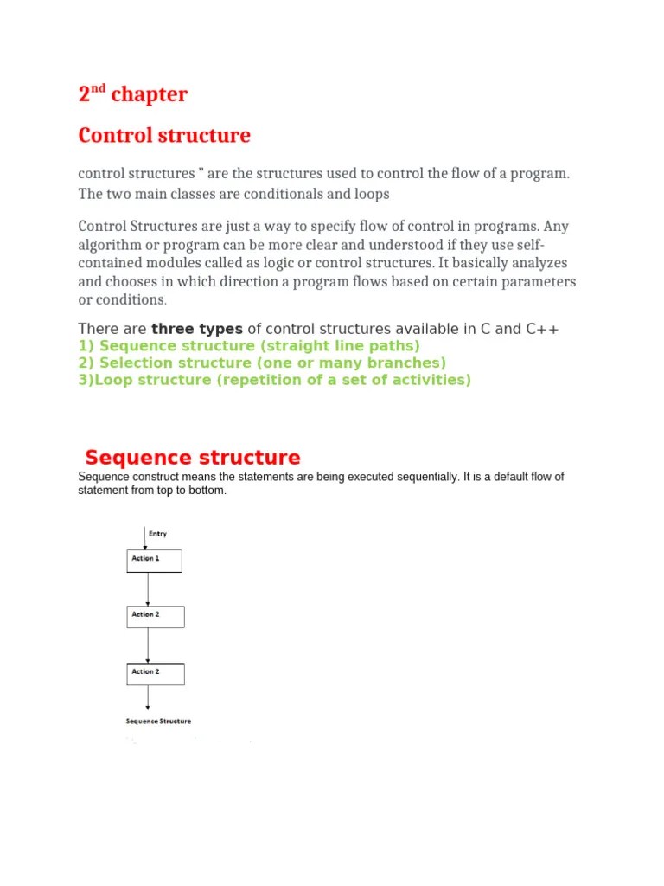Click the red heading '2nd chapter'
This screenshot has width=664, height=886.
click(132, 94)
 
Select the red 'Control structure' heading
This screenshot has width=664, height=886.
click(164, 136)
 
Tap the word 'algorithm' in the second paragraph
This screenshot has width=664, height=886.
click(112, 245)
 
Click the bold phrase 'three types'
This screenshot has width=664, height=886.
click(197, 329)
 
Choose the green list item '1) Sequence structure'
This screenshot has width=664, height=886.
click(249, 346)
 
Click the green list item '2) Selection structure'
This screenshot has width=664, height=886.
click(262, 363)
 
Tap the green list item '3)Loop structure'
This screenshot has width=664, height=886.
click(275, 380)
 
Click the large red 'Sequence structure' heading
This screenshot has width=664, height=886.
click(192, 458)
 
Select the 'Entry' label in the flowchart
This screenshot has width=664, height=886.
click(158, 534)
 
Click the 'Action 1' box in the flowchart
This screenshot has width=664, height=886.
click(155, 561)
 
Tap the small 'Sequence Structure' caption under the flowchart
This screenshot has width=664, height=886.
click(158, 721)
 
